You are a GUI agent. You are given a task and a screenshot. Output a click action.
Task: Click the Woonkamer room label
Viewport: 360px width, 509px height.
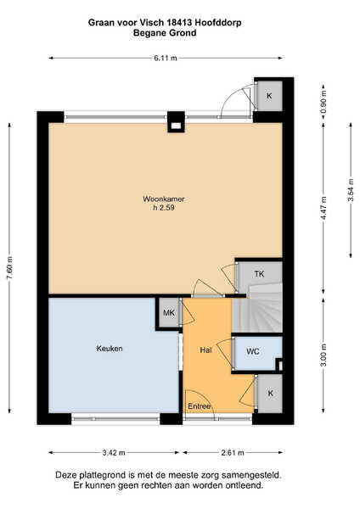[164, 199]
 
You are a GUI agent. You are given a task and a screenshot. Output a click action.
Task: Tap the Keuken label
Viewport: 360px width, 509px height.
[110, 349]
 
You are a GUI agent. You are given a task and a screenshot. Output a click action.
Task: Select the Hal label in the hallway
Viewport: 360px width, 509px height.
[206, 350]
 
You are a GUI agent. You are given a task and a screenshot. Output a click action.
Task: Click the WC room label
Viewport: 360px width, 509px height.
[253, 351]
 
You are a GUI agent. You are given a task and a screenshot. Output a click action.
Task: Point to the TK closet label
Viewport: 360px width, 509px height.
[259, 274]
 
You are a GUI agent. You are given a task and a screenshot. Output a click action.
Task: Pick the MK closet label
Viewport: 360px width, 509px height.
[169, 312]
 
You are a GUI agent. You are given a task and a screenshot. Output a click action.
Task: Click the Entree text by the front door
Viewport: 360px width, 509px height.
[200, 406]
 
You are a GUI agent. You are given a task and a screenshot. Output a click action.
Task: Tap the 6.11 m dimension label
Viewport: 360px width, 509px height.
[166, 58]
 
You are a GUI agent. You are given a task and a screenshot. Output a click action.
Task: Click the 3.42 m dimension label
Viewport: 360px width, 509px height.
[114, 452]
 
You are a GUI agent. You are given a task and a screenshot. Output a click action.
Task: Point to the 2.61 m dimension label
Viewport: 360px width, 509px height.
[233, 452]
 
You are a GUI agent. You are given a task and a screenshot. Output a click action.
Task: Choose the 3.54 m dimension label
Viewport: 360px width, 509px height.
[351, 190]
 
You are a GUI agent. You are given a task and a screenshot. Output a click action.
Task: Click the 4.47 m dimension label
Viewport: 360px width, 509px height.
[323, 209]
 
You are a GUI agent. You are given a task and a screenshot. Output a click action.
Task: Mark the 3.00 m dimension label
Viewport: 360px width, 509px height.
[323, 355]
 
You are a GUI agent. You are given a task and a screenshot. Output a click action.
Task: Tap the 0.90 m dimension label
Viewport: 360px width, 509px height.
[323, 101]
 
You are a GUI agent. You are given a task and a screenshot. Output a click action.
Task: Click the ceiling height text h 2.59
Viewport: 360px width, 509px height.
[164, 208]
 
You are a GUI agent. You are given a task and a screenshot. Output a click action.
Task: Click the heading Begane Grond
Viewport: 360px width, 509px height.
[165, 33]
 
